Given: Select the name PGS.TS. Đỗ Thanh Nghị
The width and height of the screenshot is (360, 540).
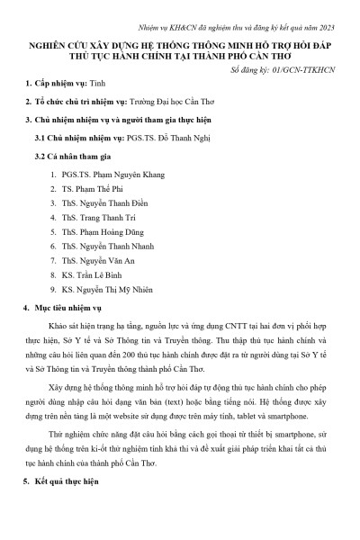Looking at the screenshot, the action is click(x=187, y=137).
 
